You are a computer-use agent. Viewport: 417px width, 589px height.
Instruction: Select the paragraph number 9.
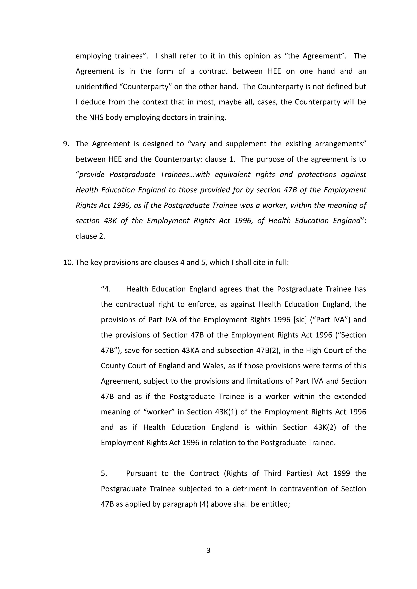(x=66, y=144)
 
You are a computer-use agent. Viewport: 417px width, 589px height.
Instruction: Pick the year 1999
(x=342, y=473)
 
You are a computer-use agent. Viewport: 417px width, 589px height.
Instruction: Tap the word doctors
(x=176, y=118)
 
